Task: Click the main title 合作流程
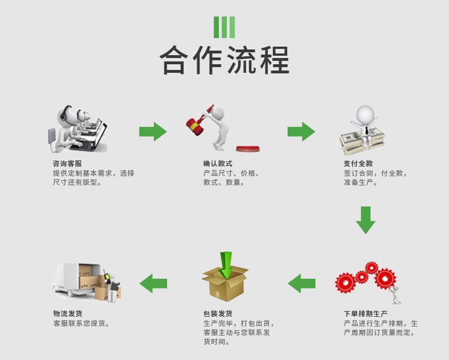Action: [x=224, y=60]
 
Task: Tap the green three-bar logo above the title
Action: [x=224, y=27]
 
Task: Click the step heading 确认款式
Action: [x=218, y=164]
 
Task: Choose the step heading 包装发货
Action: [x=218, y=313]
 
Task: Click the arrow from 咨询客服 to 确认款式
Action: [x=153, y=131]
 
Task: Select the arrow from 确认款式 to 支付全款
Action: [x=301, y=131]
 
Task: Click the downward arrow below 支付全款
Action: [x=366, y=220]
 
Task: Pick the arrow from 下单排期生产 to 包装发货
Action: [x=301, y=283]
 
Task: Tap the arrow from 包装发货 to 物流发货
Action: [x=153, y=283]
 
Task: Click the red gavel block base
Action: [x=248, y=148]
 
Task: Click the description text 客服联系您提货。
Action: [x=81, y=324]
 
